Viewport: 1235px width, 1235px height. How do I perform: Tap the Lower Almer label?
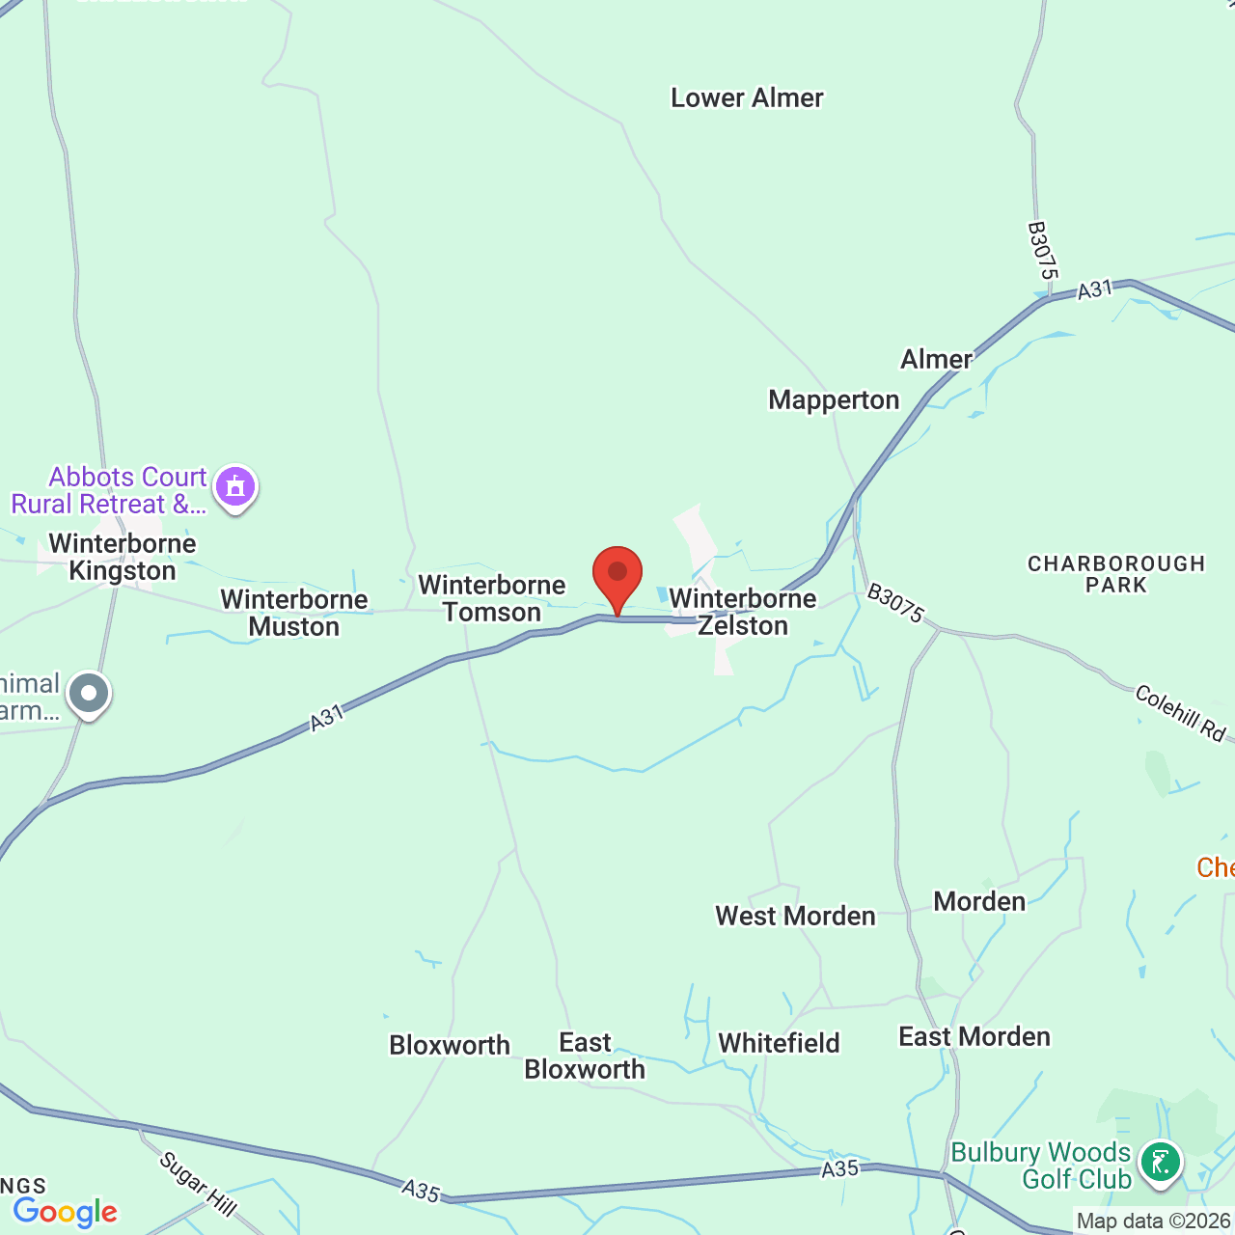pos(747,98)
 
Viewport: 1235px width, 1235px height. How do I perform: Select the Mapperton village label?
pos(834,400)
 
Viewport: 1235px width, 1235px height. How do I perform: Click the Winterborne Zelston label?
pos(743,612)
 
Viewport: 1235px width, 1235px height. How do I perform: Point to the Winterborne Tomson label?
pos(492,598)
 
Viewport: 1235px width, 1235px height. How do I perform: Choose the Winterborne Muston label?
pos(294,613)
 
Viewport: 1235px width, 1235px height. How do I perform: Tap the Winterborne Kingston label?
pos(123,557)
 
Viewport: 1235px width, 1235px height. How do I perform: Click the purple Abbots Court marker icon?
pos(235,487)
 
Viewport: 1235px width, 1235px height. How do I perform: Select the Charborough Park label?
pos(1116,574)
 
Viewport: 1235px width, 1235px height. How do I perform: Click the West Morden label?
pos(795,916)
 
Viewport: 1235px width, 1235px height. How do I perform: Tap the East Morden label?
pos(974,1037)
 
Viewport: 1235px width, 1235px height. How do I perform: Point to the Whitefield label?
pos(779,1043)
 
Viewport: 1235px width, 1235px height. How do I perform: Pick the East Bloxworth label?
pos(585,1056)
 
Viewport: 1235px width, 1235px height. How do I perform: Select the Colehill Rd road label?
pos(1180,713)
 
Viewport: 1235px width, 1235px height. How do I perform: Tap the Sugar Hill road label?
pos(198,1184)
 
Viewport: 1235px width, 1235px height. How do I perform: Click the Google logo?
pos(66,1212)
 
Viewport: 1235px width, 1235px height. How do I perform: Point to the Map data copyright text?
pos(1154,1221)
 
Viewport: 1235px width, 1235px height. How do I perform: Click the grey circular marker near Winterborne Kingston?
pos(90,693)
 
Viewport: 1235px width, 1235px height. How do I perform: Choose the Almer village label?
pos(936,360)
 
